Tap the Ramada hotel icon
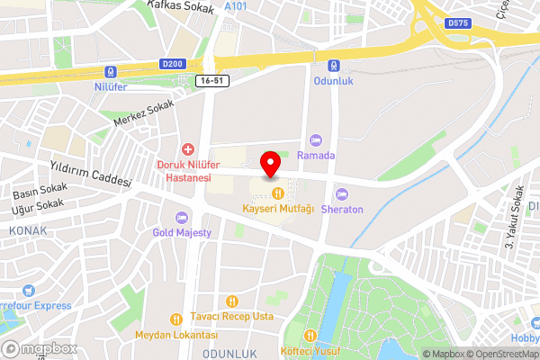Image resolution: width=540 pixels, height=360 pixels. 315,139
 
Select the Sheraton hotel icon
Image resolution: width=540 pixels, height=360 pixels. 341,193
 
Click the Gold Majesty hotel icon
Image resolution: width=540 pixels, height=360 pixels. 182,217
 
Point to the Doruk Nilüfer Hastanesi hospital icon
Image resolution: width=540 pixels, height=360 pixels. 188,148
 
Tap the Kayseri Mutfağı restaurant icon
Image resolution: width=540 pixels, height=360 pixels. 277,193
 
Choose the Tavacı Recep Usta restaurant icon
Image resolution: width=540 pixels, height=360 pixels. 232,301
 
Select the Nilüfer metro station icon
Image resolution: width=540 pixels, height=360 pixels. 111,71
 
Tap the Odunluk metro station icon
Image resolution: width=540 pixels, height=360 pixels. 334,65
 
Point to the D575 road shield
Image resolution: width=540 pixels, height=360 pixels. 457,22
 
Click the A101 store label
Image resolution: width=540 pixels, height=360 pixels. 236,6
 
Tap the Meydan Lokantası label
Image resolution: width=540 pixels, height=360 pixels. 176,335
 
